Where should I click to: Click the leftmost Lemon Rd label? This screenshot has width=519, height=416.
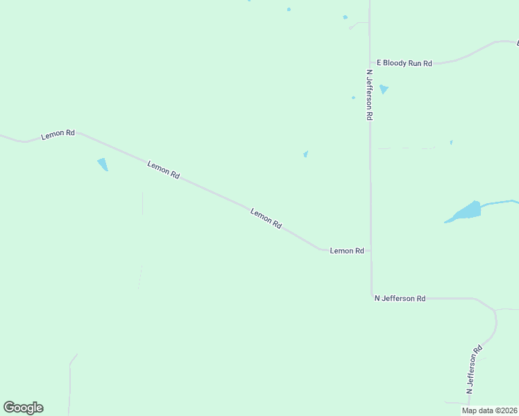click(x=58, y=135)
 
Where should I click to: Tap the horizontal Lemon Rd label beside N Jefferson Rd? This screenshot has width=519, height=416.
click(x=347, y=250)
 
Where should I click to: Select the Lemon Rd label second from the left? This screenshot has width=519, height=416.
click(x=164, y=170)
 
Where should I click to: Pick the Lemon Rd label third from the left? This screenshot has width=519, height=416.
click(x=266, y=219)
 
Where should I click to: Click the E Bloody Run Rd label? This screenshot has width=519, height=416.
click(x=404, y=63)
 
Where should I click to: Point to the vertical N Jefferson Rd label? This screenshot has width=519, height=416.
click(x=370, y=95)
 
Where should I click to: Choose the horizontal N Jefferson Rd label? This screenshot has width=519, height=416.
click(x=400, y=298)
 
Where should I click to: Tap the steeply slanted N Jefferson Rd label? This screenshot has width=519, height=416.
click(x=474, y=370)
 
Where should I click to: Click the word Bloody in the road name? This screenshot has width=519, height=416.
click(x=395, y=63)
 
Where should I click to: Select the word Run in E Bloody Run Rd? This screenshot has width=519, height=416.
click(x=415, y=63)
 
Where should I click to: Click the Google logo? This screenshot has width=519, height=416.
click(x=23, y=408)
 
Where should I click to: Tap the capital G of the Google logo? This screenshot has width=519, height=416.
click(x=10, y=407)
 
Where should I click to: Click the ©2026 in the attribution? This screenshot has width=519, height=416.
click(x=505, y=410)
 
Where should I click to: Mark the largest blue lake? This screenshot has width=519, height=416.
click(x=465, y=211)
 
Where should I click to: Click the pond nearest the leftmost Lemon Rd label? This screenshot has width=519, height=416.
click(x=103, y=164)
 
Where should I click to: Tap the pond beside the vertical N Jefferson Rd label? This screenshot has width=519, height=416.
click(x=384, y=89)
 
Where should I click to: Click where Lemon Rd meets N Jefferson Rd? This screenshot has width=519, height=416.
click(x=371, y=250)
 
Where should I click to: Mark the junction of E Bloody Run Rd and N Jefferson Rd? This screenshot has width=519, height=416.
click(x=370, y=63)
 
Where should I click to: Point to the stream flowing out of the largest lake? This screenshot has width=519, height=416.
click(x=500, y=202)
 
